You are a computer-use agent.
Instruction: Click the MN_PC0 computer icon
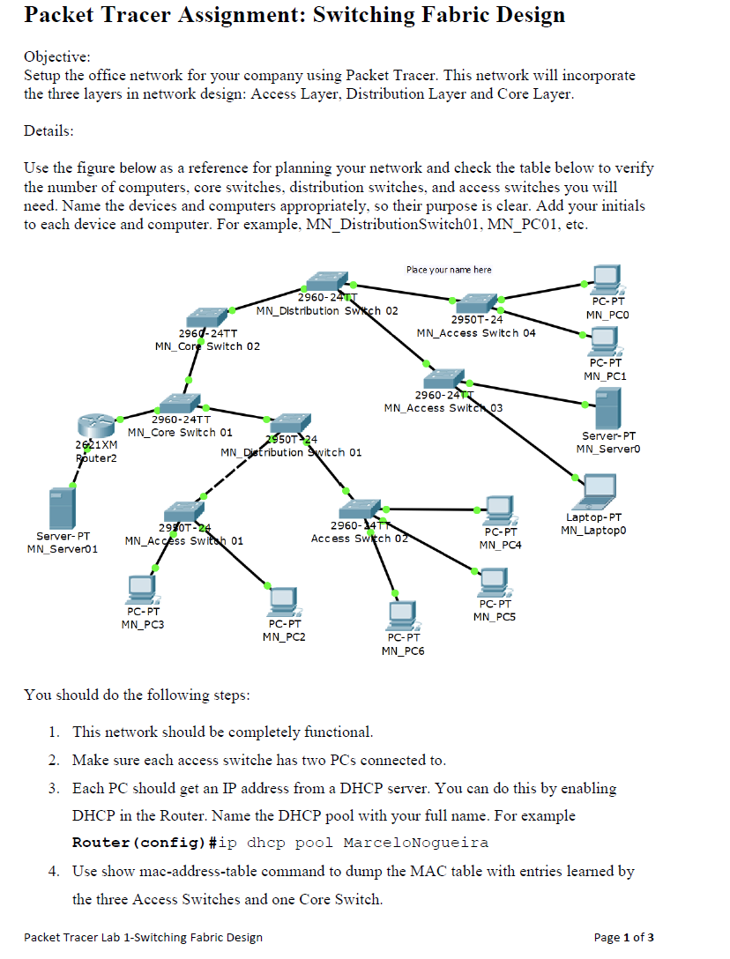point(606,279)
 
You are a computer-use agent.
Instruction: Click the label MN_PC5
point(495,617)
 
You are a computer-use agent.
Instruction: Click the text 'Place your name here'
point(449,270)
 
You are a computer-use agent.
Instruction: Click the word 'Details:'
point(49,130)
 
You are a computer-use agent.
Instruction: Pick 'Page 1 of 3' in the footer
point(624,937)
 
